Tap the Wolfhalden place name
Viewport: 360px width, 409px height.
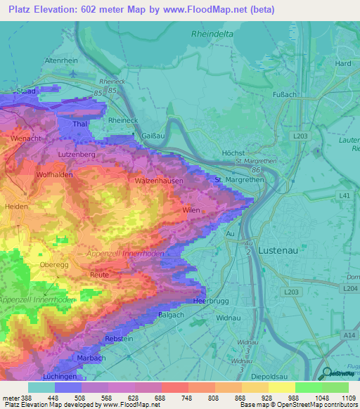pyautogui.click(x=54, y=174)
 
